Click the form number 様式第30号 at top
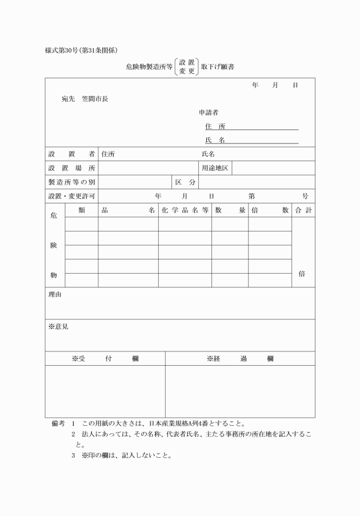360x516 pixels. click(63, 50)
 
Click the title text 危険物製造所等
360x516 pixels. click(149, 67)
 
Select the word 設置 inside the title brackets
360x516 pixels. click(187, 62)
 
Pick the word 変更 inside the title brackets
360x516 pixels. click(187, 72)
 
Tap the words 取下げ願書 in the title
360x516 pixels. click(218, 67)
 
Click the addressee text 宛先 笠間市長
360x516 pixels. click(85, 98)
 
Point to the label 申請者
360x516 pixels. click(209, 112)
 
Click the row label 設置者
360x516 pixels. click(71, 154)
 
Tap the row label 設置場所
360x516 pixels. click(71, 168)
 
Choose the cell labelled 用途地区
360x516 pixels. click(215, 168)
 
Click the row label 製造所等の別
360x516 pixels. click(71, 182)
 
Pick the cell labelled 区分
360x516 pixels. click(185, 182)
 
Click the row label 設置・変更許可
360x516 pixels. click(71, 196)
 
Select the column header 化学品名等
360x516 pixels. click(185, 210)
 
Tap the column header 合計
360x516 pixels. click(303, 210)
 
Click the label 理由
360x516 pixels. click(55, 295)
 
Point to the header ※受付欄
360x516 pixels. click(105, 359)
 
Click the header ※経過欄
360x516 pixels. click(240, 359)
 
